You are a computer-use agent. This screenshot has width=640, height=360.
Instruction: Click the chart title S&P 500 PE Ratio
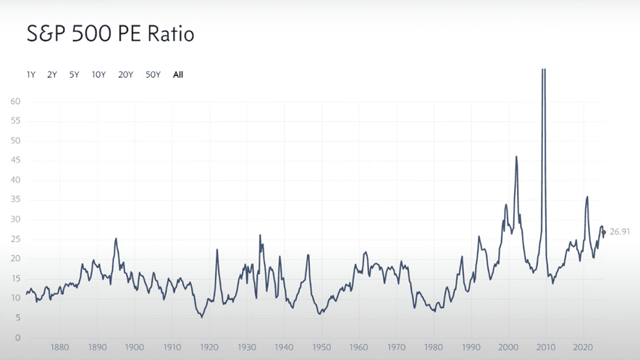pos(111,34)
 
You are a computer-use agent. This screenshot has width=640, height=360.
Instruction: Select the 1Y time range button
pos(31,75)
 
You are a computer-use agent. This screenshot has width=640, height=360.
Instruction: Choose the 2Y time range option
pos(52,75)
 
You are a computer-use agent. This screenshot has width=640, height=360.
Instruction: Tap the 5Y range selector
pos(74,75)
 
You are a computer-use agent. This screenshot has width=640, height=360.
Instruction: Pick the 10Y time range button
pos(98,75)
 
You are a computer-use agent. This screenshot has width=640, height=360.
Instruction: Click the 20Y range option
pos(125,75)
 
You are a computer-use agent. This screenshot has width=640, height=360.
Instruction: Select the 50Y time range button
pos(153,75)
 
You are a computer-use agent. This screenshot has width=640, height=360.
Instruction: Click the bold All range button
pos(178,75)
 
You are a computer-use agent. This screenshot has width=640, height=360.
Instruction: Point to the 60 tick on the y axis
pos(15,101)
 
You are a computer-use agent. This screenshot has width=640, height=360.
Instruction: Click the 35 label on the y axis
pos(15,200)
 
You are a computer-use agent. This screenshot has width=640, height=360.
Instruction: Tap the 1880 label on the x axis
pos(60,348)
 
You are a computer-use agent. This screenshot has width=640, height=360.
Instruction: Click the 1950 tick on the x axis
pos(321,348)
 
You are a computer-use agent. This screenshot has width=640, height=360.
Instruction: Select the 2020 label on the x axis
pos(584,348)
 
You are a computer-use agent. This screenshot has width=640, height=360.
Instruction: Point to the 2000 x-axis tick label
pos(509,348)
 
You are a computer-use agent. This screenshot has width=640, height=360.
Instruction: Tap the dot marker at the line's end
pos(604,233)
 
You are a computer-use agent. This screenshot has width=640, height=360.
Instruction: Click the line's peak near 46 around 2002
pos(516,156)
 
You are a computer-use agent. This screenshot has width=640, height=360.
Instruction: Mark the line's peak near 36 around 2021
pos(587,196)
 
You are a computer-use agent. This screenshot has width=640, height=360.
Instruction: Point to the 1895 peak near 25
pos(116,238)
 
